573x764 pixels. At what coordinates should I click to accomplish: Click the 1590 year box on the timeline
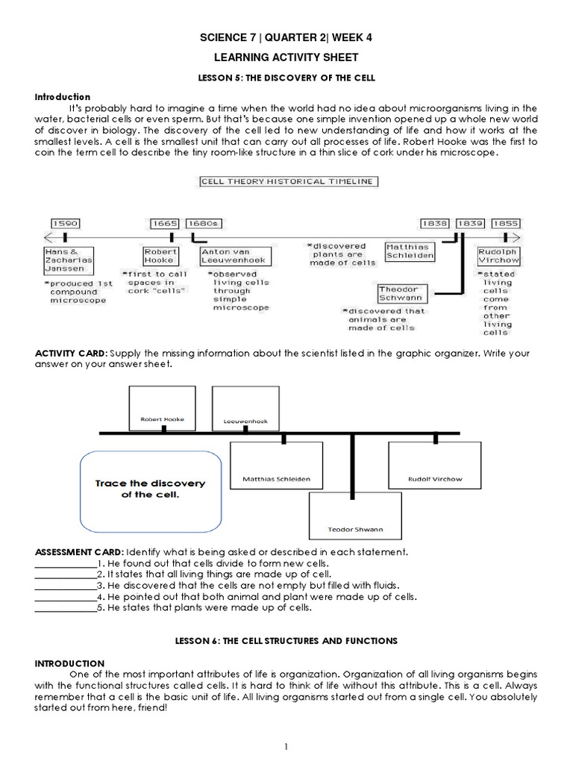tap(65, 223)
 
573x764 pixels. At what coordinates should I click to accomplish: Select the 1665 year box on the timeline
tap(165, 223)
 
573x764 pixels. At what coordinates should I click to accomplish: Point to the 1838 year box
tap(434, 223)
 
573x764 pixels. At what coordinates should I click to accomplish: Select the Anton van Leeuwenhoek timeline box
tap(236, 257)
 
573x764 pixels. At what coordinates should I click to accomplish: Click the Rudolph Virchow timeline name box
tap(498, 257)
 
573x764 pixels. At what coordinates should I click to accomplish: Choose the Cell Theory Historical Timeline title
tap(288, 181)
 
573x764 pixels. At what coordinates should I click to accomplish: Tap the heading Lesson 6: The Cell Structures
tap(286, 641)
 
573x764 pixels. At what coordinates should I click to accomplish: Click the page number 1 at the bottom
tap(286, 745)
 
